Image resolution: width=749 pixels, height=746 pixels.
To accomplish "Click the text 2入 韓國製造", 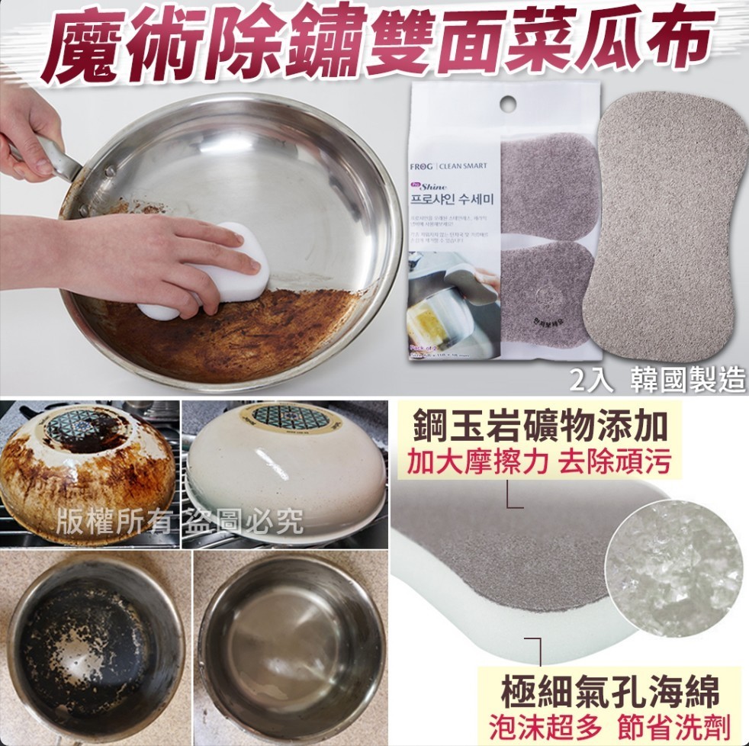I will [657, 379].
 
